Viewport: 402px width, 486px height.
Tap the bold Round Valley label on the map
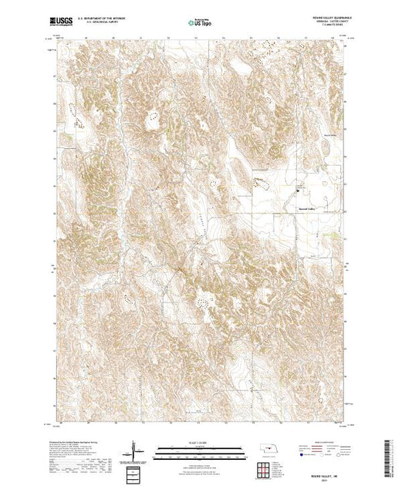[x=306, y=208]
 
